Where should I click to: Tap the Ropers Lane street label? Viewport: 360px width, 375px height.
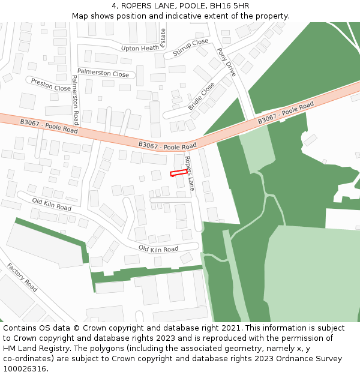(190, 173)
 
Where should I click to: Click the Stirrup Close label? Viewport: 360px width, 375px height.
(191, 47)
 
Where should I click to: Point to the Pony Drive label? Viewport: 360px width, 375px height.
(227, 62)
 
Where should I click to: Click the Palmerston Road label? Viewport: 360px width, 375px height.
(75, 97)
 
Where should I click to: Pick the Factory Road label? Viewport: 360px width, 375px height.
(22, 277)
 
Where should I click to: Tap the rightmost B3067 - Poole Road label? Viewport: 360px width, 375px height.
(286, 113)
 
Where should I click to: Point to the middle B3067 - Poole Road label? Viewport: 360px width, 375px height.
(167, 145)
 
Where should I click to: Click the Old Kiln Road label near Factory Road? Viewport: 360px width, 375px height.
(52, 204)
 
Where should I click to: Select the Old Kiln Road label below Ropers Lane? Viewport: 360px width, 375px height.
(158, 248)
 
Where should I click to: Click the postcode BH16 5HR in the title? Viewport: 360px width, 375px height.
(231, 5)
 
